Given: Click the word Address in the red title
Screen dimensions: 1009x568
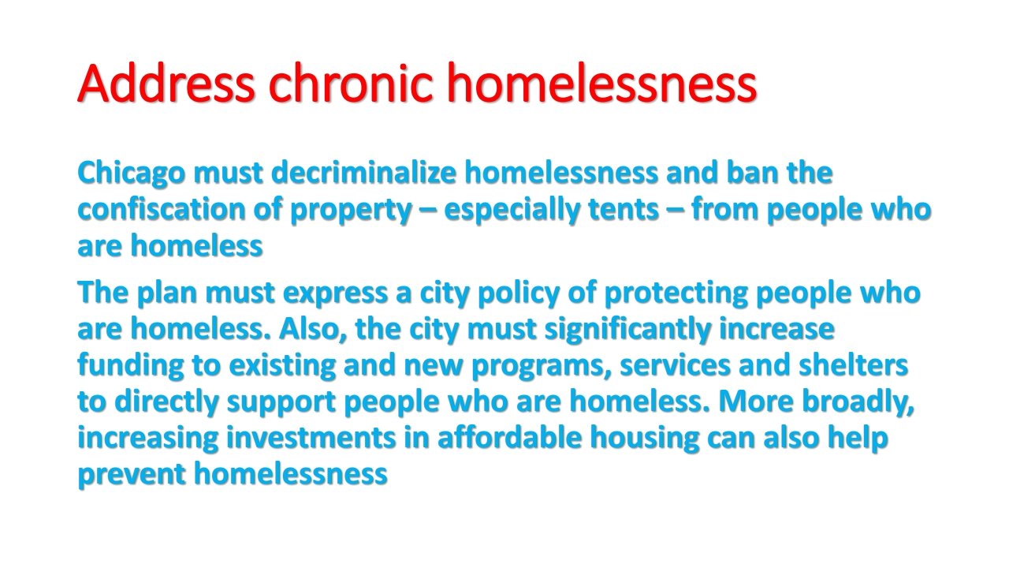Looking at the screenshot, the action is (166, 84).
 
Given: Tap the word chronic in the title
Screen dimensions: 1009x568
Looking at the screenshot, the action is (351, 84).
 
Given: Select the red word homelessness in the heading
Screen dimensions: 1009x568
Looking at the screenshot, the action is (602, 84).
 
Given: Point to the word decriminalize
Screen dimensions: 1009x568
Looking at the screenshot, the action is (364, 173).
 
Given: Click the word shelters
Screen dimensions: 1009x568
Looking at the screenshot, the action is (853, 364).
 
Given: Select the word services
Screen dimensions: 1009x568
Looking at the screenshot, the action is (676, 366).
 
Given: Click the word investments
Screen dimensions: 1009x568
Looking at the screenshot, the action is (311, 438).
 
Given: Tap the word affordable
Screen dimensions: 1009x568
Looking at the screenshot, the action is (509, 437).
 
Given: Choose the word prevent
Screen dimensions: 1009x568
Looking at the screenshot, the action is (132, 475).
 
